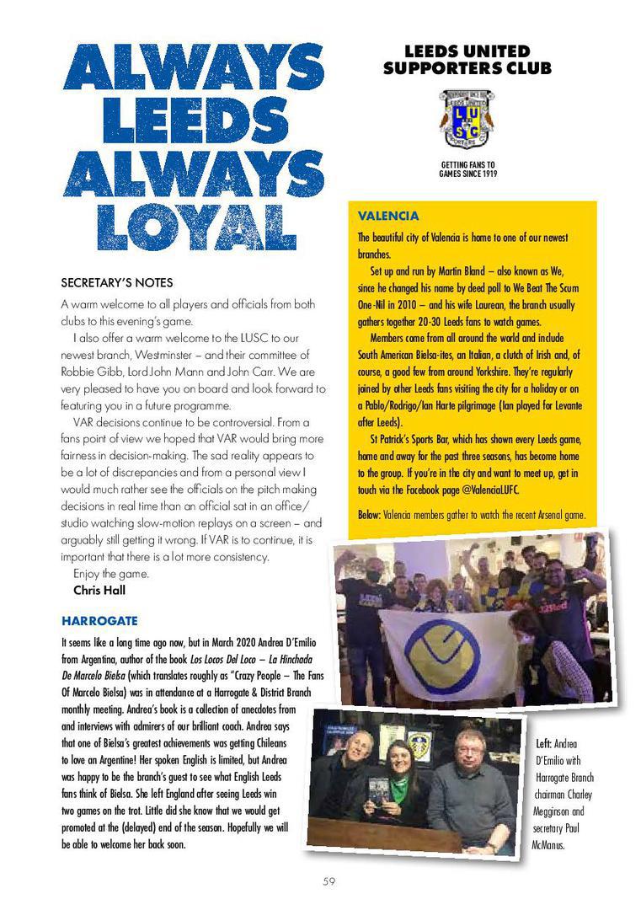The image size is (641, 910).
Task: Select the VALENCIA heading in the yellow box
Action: [x=388, y=217]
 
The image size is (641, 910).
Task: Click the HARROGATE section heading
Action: [x=99, y=621]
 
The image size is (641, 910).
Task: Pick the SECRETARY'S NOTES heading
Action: [x=117, y=282]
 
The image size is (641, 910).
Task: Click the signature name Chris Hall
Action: [x=99, y=590]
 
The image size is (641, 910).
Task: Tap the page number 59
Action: [x=329, y=881]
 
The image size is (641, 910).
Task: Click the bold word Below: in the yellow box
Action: [x=371, y=515]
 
